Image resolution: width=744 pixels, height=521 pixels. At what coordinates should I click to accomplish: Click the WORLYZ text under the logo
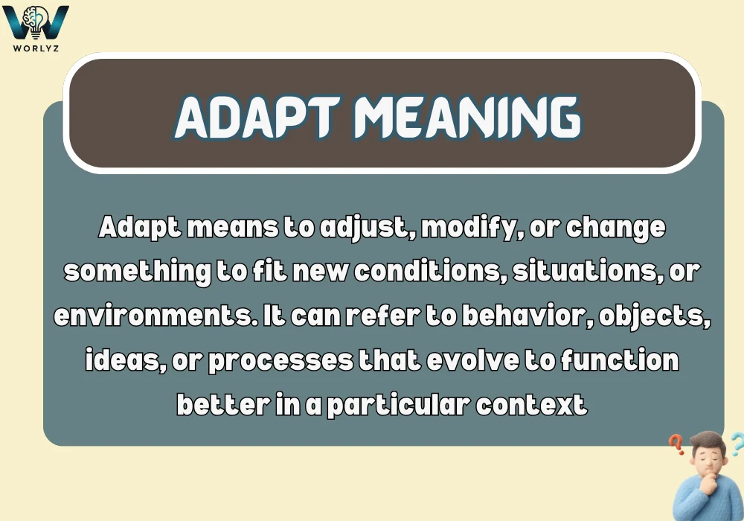(x=36, y=48)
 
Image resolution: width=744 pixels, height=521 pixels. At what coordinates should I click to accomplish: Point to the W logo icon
(x=36, y=22)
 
